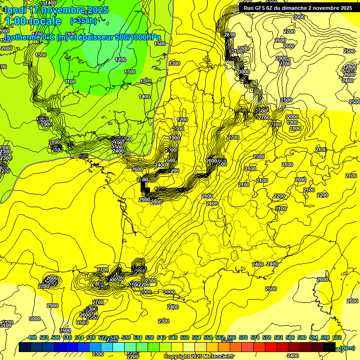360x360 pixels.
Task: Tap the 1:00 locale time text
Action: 33,21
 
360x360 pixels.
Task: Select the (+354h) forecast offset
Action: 83,21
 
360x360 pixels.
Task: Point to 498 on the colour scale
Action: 32,337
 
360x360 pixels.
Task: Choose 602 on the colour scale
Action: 337,337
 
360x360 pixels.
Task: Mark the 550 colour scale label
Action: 185,337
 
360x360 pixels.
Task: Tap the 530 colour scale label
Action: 126,337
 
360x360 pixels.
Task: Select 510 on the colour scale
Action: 67,337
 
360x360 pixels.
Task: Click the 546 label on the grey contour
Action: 84,156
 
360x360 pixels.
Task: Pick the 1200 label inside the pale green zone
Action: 120,60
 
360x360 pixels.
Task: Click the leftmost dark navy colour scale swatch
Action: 25,347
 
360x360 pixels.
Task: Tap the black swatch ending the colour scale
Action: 330,347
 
